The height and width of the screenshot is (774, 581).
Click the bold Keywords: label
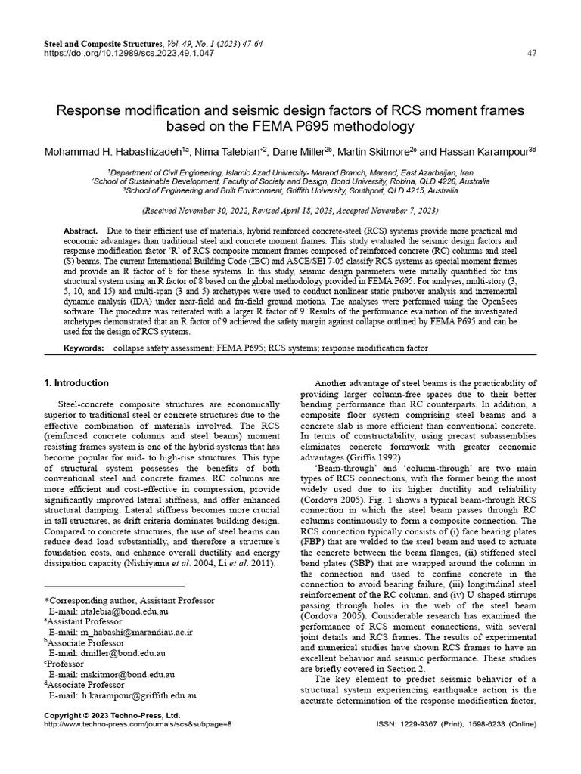pos(83,348)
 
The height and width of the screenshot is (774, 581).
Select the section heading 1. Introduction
pos(76,383)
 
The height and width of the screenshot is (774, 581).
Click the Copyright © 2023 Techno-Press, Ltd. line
pos(112,714)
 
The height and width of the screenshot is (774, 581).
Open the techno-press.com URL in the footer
pos(138,724)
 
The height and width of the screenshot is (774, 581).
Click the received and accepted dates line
pos(290,210)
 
